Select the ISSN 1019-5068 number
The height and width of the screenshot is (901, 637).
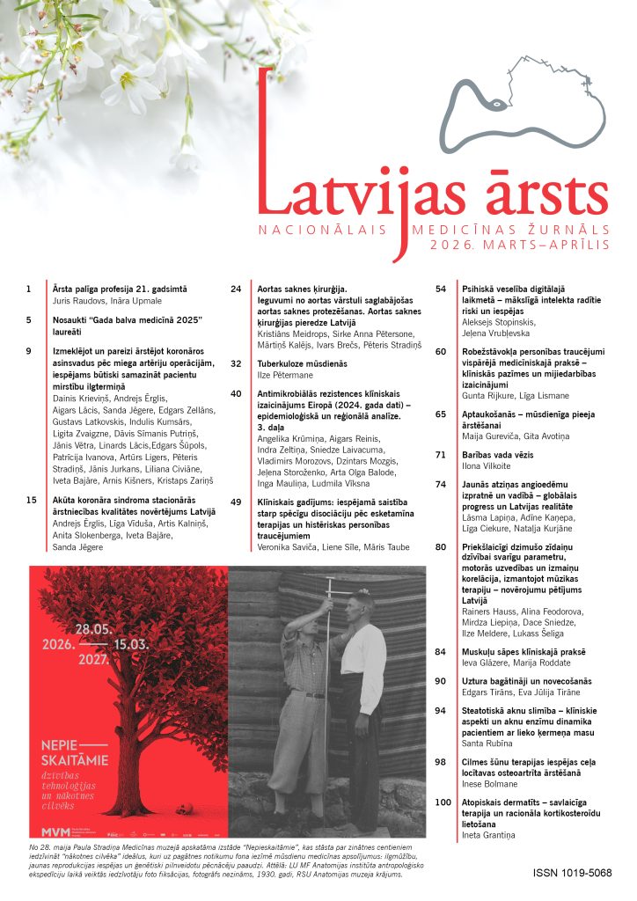(572, 874)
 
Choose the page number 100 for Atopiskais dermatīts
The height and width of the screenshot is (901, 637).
(443, 802)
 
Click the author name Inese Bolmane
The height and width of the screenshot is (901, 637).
(491, 783)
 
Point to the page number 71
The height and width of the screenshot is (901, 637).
(442, 454)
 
